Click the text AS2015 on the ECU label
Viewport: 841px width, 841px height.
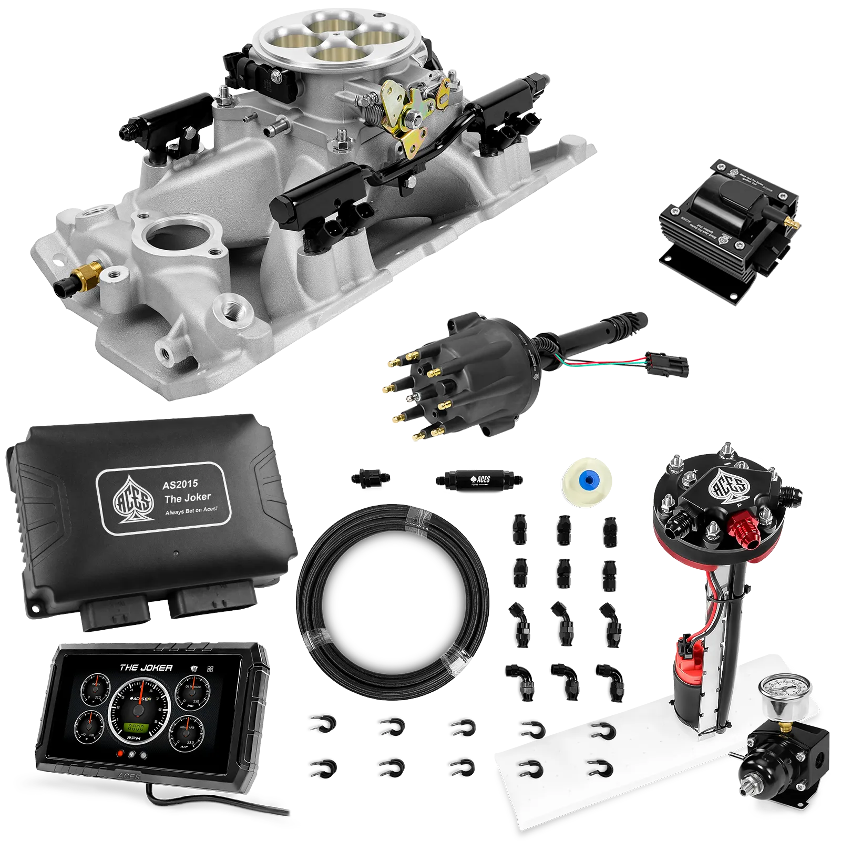pos(180,484)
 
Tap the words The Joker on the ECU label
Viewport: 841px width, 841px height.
pos(188,498)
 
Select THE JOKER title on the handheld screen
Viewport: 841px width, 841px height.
pos(146,668)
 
